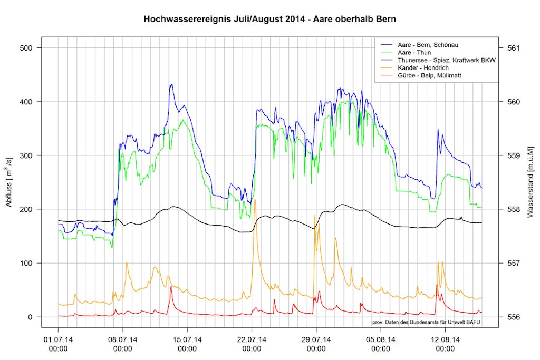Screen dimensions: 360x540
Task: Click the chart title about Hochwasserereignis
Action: tap(269, 20)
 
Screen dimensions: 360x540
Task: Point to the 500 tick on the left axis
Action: tap(27, 48)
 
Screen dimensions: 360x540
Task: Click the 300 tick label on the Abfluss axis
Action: tap(27, 155)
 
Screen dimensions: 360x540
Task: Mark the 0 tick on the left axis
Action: tap(31, 317)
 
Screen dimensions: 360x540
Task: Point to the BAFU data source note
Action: tap(426, 322)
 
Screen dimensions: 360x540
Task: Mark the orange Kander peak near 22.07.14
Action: tap(255, 200)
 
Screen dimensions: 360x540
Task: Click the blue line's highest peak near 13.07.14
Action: tap(171, 84)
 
